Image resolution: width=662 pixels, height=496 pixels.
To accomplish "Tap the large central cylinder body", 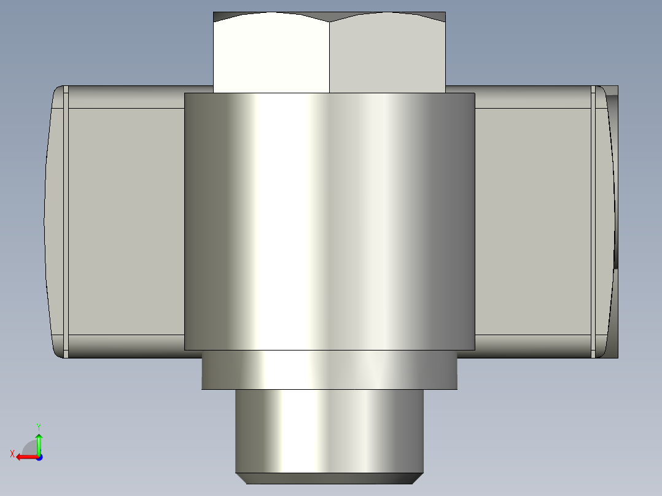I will point(329,221).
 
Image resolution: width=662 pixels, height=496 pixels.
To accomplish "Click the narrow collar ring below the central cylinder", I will point(329,370).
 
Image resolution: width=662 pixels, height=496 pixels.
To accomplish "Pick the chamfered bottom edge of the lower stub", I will point(329,478).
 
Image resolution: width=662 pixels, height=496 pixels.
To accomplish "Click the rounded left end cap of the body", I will point(54,221).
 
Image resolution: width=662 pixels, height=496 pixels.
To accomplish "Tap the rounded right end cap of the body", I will point(606,221).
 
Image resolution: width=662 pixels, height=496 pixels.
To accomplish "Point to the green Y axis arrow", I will point(39,442).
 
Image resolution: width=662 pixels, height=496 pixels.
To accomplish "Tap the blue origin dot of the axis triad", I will point(39,457).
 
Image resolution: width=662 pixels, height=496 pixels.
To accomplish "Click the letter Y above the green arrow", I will point(39,426).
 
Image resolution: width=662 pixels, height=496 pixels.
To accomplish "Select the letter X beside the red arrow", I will point(12,454).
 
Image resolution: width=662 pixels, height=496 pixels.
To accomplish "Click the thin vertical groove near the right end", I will point(593,221).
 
